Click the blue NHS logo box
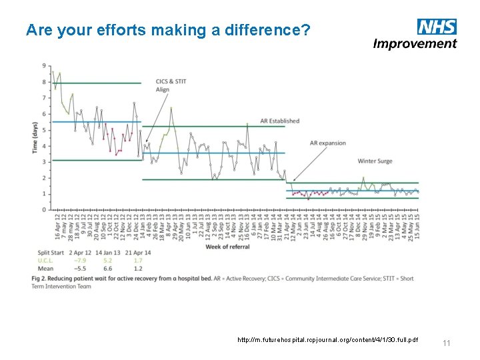[437, 27]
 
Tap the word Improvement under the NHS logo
[415, 44]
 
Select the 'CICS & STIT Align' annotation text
[171, 85]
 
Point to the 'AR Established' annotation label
[279, 121]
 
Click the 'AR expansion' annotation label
[328, 143]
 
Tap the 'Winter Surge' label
[375, 161]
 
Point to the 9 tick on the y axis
[43, 66]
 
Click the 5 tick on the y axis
[43, 130]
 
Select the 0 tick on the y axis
[43, 210]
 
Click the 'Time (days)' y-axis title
[35, 138]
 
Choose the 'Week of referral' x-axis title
[227, 247]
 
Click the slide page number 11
[447, 343]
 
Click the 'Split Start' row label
[51, 253]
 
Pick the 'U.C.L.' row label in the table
[45, 261]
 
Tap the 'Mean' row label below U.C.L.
[45, 269]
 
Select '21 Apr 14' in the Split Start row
[138, 253]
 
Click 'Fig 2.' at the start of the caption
[40, 277]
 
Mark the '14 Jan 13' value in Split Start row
[109, 253]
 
